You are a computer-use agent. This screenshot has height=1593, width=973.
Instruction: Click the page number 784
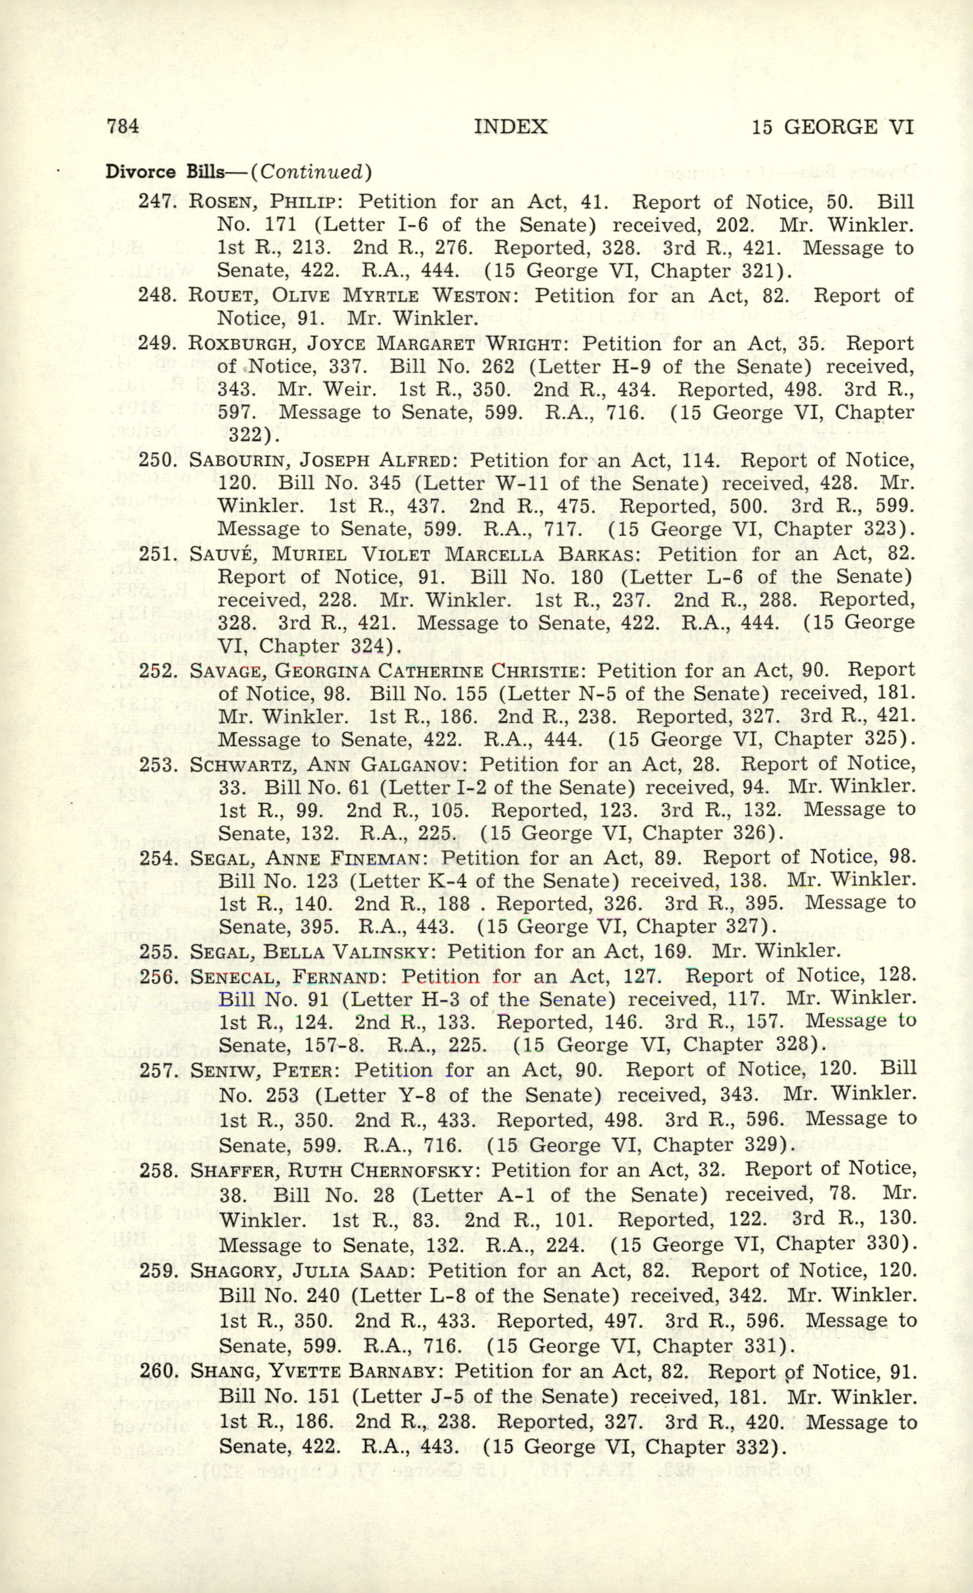click(123, 126)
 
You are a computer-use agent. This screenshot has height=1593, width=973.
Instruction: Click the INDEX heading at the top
click(510, 126)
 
